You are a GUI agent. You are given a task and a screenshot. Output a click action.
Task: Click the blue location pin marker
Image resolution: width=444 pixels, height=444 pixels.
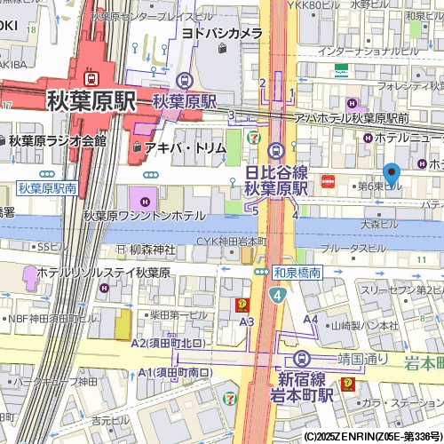click(x=391, y=175)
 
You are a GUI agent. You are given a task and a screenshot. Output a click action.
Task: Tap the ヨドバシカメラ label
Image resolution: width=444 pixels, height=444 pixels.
click(x=222, y=33)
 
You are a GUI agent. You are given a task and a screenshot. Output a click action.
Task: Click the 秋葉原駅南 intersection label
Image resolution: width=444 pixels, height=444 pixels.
click(x=47, y=188)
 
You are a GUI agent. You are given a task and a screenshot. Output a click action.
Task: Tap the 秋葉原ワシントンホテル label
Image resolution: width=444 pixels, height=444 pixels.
click(x=144, y=216)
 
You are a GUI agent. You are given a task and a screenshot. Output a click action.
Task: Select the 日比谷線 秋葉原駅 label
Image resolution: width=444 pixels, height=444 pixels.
click(x=275, y=179)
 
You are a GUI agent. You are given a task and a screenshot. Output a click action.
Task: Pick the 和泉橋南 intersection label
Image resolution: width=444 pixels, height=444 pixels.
click(x=297, y=274)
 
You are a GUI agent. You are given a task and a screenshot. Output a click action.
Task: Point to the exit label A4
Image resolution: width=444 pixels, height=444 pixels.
click(x=311, y=319)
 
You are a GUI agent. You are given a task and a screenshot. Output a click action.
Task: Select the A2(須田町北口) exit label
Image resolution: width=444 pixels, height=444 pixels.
click(x=168, y=343)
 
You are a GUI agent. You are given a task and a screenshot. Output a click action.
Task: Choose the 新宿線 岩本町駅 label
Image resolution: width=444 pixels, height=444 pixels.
click(x=301, y=386)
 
